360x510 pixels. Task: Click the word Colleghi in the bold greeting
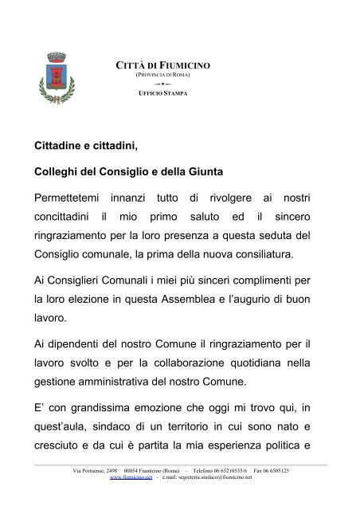pyautogui.click(x=60, y=171)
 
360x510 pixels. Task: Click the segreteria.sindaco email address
pyautogui.click(x=208, y=478)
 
